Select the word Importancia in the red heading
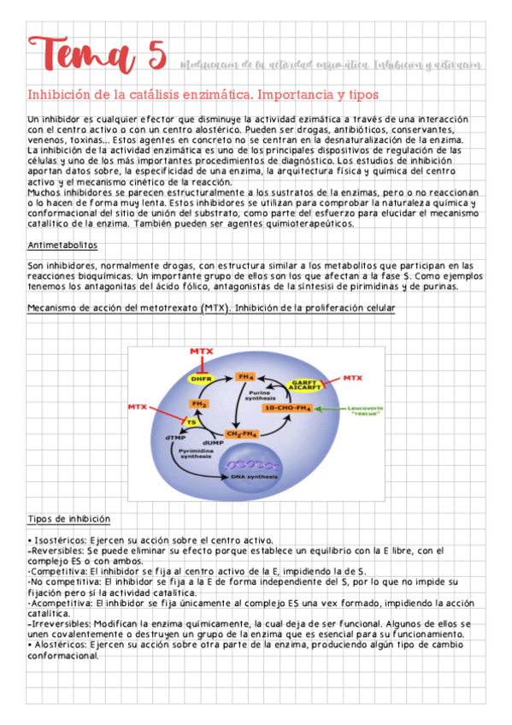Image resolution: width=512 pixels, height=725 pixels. pos(283,94)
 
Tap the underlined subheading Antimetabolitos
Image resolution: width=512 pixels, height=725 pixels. pos(62,245)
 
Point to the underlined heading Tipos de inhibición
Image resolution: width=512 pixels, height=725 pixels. pos(68,519)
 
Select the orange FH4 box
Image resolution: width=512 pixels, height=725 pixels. pos(247,376)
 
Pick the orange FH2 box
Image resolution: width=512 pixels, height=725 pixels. pos(199,404)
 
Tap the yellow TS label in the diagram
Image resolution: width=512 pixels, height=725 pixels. pos(191,421)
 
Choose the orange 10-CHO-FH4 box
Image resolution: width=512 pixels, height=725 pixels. pos(286,408)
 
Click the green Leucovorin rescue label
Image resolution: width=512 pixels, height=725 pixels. pos(366,411)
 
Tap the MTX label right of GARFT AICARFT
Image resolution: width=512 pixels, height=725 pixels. pos(352,377)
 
